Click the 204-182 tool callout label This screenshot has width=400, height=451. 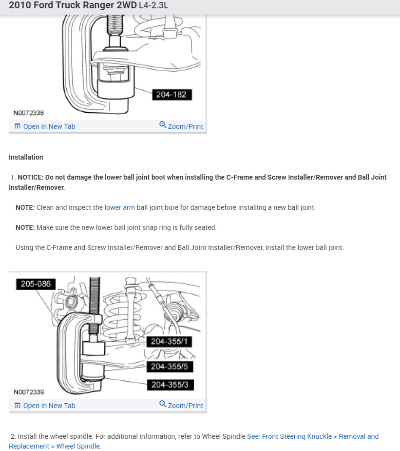point(171,95)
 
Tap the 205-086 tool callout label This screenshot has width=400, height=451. point(36,284)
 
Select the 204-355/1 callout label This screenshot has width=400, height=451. point(169,342)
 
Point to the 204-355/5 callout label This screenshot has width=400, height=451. point(169,367)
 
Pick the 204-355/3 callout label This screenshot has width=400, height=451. point(170,385)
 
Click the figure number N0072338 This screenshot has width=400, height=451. point(29,113)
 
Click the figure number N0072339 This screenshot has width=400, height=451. point(29,392)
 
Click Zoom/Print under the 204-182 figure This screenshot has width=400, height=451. point(185,126)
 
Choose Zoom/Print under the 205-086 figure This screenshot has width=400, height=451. point(185,406)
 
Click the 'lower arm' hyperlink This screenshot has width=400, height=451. point(119,207)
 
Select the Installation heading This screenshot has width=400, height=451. point(26,157)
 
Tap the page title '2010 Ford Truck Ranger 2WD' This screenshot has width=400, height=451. point(73,6)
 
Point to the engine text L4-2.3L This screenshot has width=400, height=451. point(153,6)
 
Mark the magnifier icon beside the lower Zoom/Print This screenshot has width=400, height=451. point(163,404)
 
